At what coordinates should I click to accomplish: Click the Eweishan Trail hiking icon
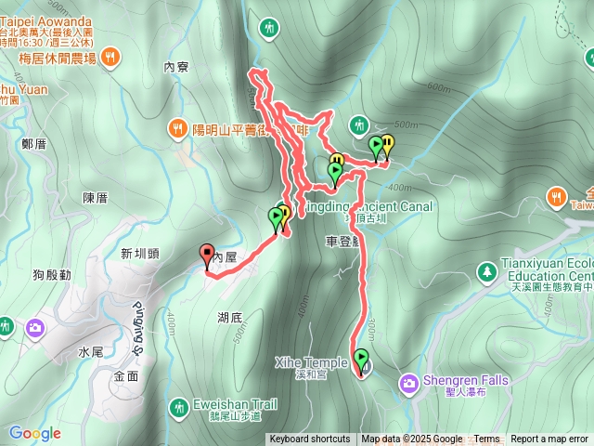tap(177, 406)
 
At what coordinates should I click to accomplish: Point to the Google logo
tap(35, 433)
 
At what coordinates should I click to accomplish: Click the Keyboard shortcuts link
tap(310, 439)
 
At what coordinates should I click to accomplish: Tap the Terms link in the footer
tap(486, 439)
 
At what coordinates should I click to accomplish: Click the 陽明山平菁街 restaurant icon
tap(177, 128)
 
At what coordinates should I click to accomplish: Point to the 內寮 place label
tap(175, 67)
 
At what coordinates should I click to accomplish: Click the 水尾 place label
tap(90, 352)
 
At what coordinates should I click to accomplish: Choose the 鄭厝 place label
tap(32, 144)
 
